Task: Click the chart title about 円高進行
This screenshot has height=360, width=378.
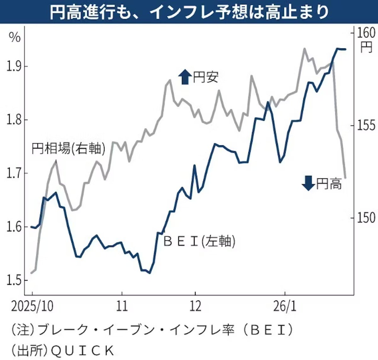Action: point(189,12)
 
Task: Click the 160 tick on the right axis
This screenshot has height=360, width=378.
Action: point(366,32)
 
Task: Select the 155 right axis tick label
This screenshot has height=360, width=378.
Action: point(366,125)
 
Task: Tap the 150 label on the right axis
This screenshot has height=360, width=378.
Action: point(366,218)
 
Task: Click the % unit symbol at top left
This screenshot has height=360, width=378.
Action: point(15,38)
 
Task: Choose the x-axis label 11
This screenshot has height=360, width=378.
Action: point(122,306)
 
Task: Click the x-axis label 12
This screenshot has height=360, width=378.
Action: point(195,306)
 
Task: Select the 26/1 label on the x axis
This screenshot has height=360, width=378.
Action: point(285,306)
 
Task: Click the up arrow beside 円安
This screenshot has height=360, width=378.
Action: point(185,77)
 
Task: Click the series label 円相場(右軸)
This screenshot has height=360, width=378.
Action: point(68,148)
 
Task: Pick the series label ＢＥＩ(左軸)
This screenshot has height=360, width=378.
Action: point(199,241)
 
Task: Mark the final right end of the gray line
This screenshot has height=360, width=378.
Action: point(346,178)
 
